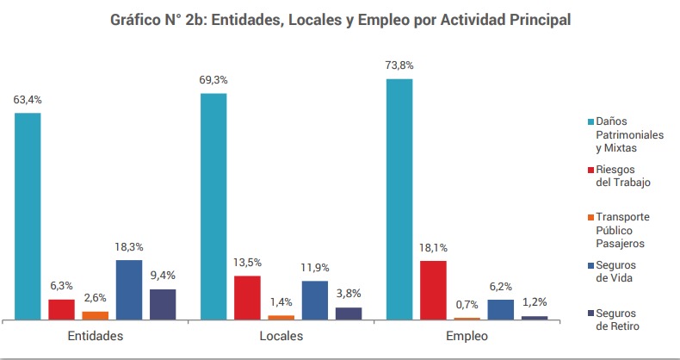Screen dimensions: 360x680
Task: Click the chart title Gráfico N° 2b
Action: pos(340,20)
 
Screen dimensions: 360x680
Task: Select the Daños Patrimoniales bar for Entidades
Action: pos(28,215)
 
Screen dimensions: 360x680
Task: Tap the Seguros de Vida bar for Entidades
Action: pos(129,289)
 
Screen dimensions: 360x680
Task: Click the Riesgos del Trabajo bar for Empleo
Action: pos(433,289)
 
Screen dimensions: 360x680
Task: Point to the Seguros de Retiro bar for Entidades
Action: pos(163,304)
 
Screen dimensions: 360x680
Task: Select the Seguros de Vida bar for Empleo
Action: pos(500,309)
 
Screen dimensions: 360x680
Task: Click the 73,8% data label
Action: pos(400,65)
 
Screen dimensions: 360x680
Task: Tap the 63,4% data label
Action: pos(28,99)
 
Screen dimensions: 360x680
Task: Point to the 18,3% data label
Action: pos(129,246)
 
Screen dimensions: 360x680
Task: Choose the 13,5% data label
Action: pos(247,262)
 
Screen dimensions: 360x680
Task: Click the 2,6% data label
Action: pos(96,298)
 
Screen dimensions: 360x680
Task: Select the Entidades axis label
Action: pos(95,335)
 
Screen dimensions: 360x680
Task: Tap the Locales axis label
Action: pos(281,335)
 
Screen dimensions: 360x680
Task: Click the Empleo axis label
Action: pos(467,335)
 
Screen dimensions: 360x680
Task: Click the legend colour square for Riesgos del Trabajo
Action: pos(590,171)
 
